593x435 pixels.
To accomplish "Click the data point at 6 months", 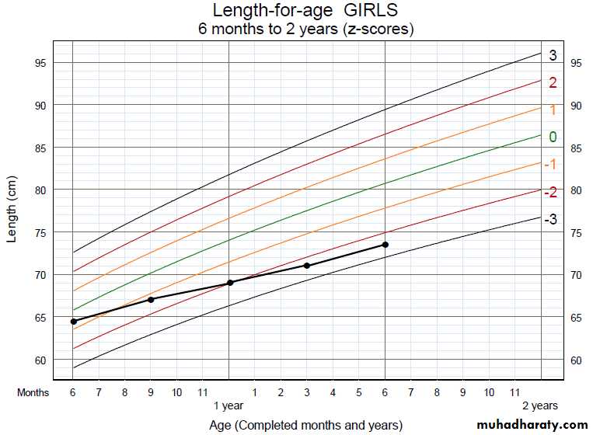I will (x=73, y=321).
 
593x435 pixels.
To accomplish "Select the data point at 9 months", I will (x=151, y=299).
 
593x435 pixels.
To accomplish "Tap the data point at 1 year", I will (x=229, y=282).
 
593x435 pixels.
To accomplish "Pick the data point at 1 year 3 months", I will (x=307, y=266).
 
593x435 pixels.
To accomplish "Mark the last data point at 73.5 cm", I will (x=385, y=245).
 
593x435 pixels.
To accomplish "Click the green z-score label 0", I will (x=553, y=137).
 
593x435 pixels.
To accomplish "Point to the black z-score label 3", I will (x=553, y=56).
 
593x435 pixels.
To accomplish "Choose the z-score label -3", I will (x=550, y=220).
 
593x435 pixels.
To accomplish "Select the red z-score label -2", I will (x=550, y=192).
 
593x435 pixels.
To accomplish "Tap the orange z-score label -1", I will (x=550, y=165).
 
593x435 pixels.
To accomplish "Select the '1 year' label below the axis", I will (x=228, y=405).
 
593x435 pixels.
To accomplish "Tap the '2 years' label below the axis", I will (x=539, y=405).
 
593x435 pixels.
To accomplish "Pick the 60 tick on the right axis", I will (x=577, y=360).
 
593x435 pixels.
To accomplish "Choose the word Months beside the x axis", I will (x=33, y=392).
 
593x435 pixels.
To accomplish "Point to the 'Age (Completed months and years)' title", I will (x=305, y=425).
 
